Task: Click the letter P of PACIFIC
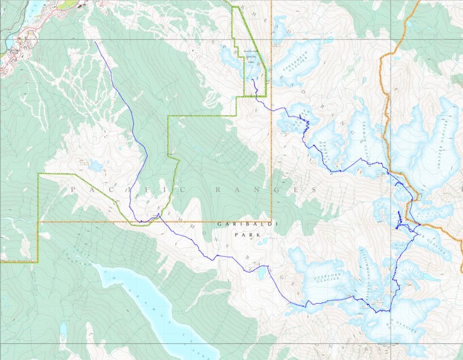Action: [x=74, y=189]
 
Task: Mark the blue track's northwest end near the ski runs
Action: [x=95, y=42]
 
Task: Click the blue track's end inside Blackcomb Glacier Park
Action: [x=253, y=80]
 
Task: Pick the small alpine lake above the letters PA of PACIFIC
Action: [x=95, y=166]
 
